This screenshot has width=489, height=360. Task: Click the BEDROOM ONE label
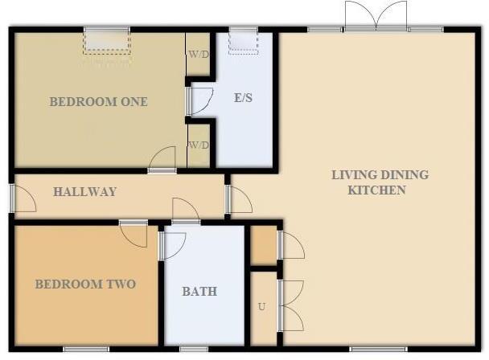[x=98, y=102]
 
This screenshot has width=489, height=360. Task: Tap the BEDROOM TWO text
[x=84, y=284]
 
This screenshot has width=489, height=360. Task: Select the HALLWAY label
[x=84, y=192]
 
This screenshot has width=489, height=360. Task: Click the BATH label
[x=199, y=291]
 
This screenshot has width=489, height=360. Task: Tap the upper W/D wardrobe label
[x=198, y=55]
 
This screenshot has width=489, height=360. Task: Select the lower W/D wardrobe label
[x=198, y=145]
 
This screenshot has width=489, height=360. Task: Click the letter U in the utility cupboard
[x=261, y=307]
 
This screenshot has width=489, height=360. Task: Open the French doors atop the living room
[x=376, y=16]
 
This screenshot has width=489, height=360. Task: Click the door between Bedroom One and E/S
[x=199, y=100]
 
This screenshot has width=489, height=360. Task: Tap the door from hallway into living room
[x=238, y=199]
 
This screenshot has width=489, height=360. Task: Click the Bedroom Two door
[x=133, y=234]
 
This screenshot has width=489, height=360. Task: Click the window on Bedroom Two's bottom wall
[x=86, y=349]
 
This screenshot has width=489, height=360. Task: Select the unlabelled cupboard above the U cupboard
[x=263, y=245]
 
